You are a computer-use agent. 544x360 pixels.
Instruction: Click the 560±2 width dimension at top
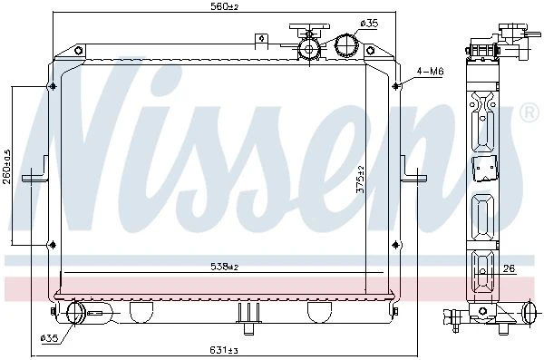tap(225, 6)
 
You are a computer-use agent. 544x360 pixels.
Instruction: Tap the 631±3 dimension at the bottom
tap(224, 350)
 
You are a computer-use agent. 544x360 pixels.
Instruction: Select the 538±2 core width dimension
tap(225, 267)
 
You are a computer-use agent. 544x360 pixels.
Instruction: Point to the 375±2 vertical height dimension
tap(361, 180)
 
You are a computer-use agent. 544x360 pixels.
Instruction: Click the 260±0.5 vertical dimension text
tap(7, 167)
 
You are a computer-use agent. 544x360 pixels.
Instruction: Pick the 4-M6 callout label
tap(430, 72)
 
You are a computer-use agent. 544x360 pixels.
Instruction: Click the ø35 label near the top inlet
tap(369, 24)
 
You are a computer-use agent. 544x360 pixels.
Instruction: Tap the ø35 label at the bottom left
tap(49, 337)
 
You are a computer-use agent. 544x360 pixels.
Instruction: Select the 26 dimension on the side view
tap(509, 268)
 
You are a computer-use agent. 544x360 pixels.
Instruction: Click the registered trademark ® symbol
tap(529, 112)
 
